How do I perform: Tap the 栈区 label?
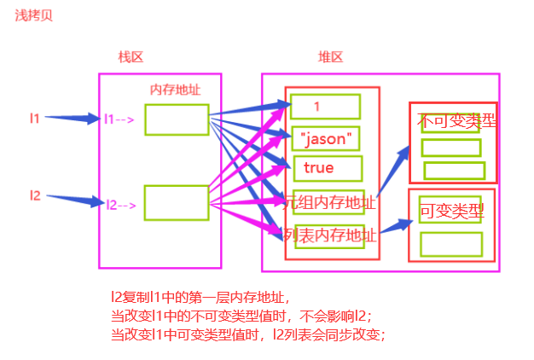click(x=131, y=57)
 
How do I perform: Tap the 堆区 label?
click(x=330, y=57)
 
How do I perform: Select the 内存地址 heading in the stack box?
click(x=175, y=90)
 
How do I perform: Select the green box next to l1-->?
click(x=177, y=119)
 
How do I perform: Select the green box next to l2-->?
click(x=177, y=201)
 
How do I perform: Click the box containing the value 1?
click(x=325, y=106)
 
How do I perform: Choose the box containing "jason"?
click(x=325, y=136)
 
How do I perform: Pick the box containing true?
click(x=327, y=168)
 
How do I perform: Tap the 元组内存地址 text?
click(x=328, y=202)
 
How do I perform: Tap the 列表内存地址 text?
click(x=328, y=234)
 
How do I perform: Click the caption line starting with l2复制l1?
click(x=201, y=298)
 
